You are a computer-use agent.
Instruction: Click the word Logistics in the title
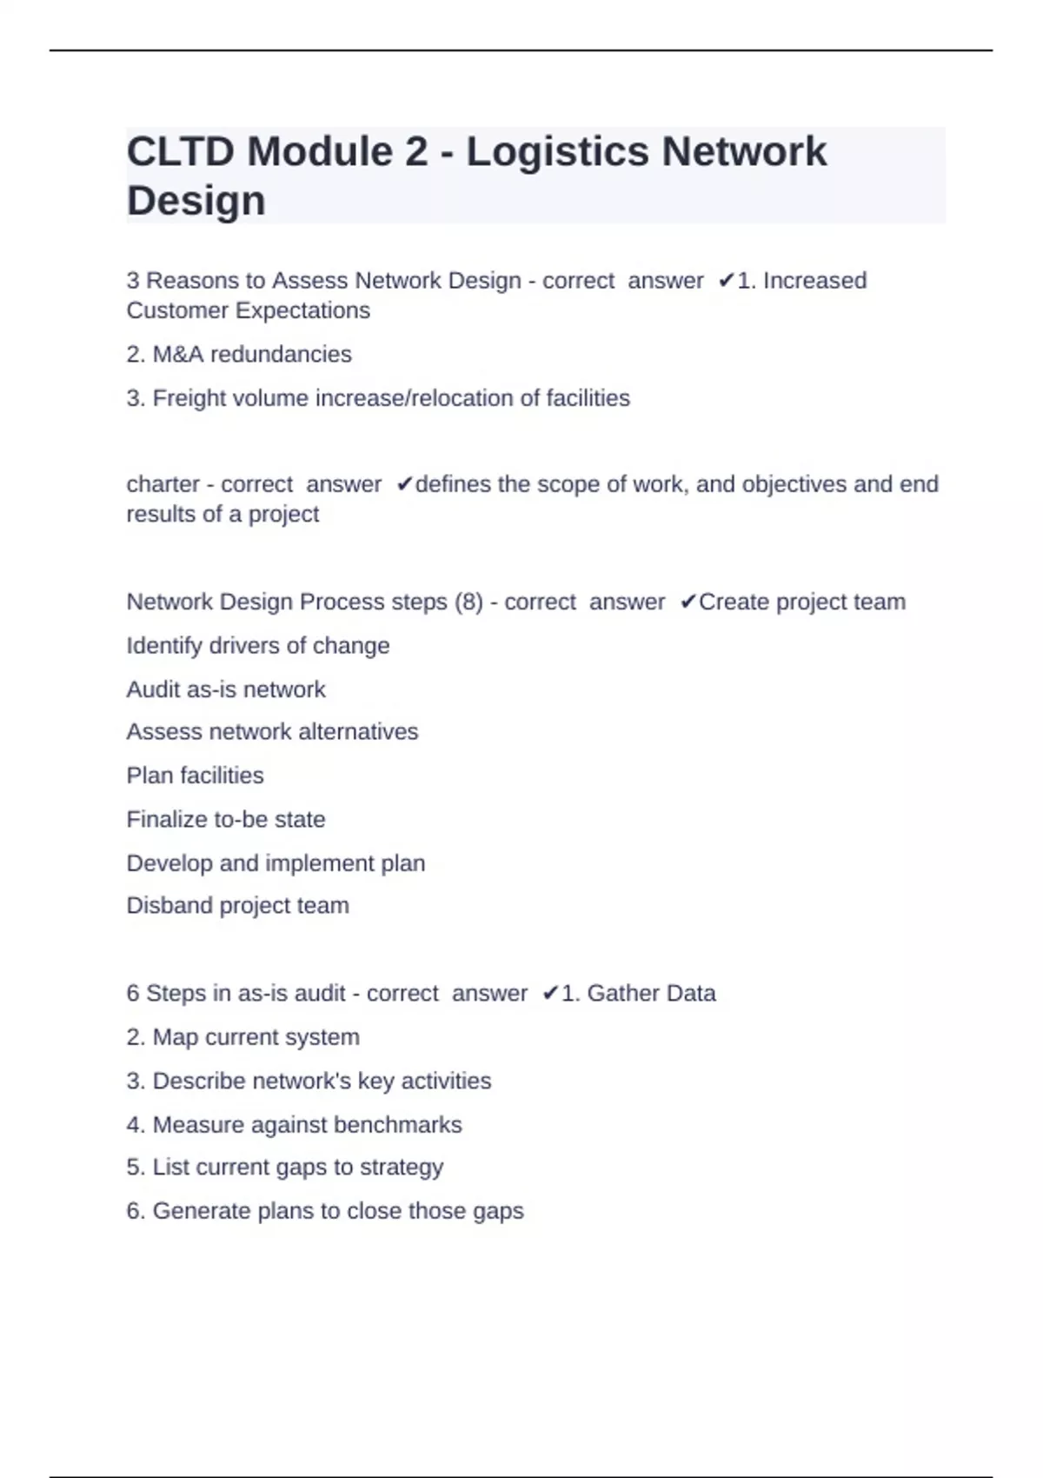point(558,152)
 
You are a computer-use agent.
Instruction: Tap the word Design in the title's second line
point(196,201)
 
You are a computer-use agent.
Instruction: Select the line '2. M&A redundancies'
point(239,355)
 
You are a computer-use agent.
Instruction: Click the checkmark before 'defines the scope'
point(404,484)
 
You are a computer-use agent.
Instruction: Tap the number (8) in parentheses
point(468,602)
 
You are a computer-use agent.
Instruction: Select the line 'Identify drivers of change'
point(258,646)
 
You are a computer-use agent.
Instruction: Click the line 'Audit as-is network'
point(226,689)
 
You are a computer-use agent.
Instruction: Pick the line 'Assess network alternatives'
point(272,732)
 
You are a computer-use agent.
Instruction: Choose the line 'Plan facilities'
point(195,776)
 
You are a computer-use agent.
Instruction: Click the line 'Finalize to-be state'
point(226,820)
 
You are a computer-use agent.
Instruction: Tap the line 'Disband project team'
point(237,906)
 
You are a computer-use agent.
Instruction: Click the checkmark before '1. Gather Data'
point(550,994)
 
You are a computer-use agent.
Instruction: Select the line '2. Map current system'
point(242,1037)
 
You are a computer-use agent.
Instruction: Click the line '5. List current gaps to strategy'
point(284,1168)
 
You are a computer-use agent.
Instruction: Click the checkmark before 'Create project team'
point(688,602)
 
